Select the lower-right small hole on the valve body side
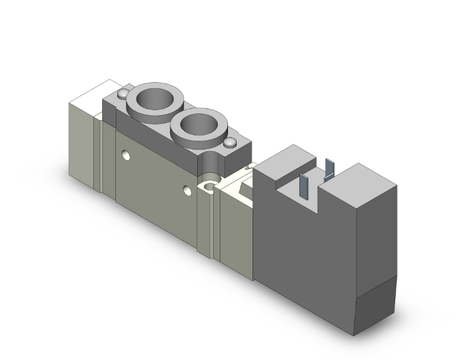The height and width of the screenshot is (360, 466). click(x=187, y=190)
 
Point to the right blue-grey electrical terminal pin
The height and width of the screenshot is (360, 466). click(x=331, y=172)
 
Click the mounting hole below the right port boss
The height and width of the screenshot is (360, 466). click(x=207, y=187)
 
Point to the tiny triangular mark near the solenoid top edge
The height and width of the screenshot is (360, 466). click(x=250, y=167)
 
